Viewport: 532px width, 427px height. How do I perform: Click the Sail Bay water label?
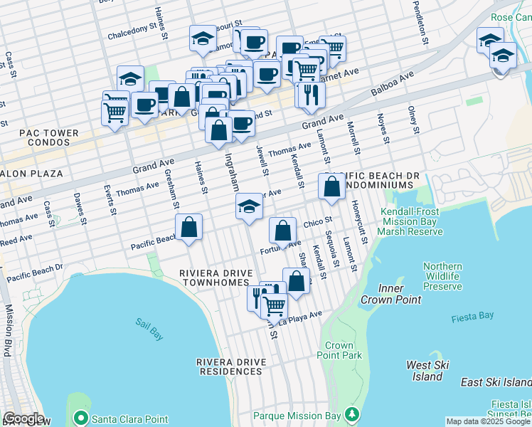(x=149, y=322)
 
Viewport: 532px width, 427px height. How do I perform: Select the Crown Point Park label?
(x=339, y=350)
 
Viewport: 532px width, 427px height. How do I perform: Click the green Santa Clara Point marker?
(x=82, y=418)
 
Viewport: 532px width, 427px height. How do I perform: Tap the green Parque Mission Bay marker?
(x=351, y=414)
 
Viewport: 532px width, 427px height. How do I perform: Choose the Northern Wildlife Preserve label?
(x=442, y=276)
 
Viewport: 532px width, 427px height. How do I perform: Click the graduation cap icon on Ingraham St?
(x=248, y=207)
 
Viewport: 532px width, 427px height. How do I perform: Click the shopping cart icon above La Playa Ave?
(x=274, y=305)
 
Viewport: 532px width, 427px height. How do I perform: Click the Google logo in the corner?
(x=23, y=418)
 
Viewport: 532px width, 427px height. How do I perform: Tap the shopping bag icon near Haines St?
(x=188, y=227)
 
